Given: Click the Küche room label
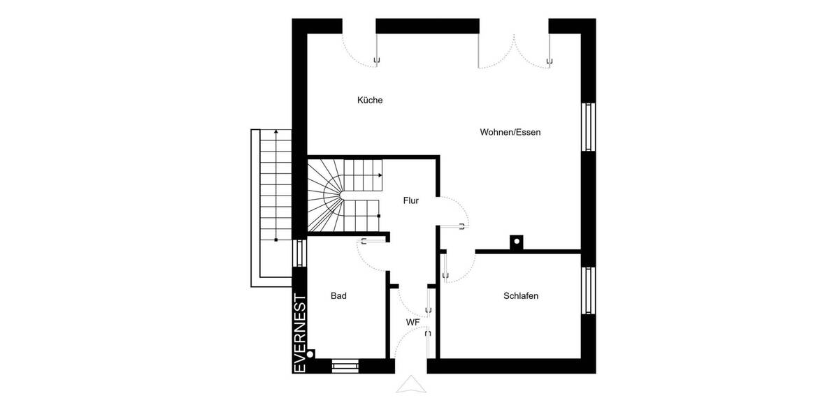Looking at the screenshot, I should point(370,100).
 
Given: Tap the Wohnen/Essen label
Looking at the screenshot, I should point(510,132).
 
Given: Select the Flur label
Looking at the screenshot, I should point(410,200).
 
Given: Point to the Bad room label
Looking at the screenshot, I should point(338,296).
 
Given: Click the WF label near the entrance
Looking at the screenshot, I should point(413,322).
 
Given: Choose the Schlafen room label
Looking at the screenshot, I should point(521,296).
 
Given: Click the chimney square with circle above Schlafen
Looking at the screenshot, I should point(517,242).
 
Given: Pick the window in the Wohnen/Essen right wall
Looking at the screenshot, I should point(589,126).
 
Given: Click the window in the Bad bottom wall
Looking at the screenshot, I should point(345,365).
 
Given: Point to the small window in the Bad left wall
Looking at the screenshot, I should point(299,253).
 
